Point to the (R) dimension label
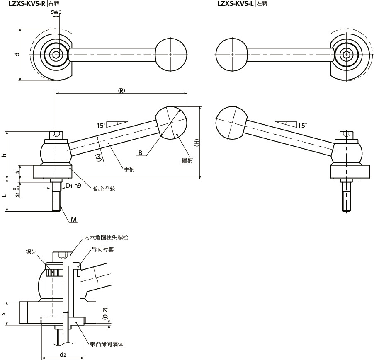tap(121, 91)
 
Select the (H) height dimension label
tap(197, 142)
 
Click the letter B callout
tap(141, 153)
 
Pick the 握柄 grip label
tap(187, 160)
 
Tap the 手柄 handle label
tap(129, 169)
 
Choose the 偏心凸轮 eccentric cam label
tap(104, 189)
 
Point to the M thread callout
tap(73, 219)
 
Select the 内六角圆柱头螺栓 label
tap(106, 238)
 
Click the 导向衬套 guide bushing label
tap(103, 250)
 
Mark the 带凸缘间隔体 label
tap(107, 344)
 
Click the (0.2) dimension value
tap(94, 313)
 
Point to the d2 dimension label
tap(63, 354)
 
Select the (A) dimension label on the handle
tap(98, 157)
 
